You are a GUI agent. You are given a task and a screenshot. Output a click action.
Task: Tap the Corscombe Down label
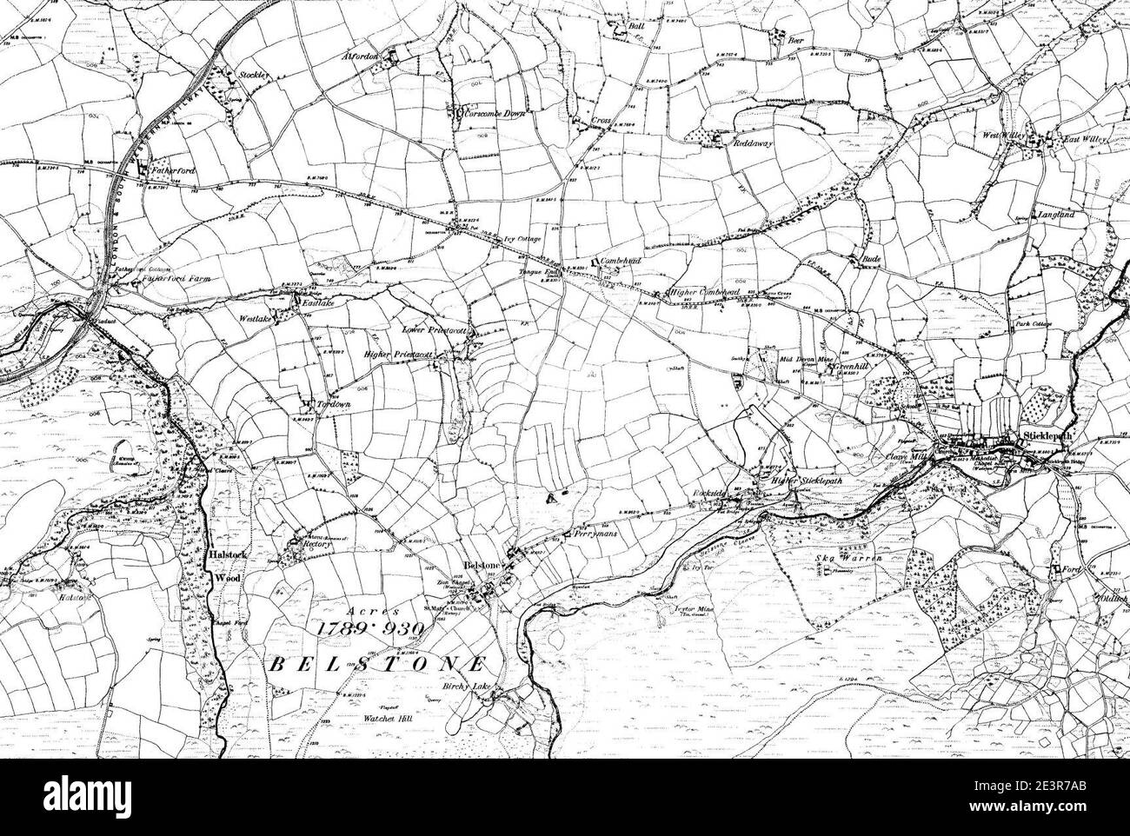pos(498,113)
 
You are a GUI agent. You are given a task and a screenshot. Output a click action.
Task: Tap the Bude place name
pos(871,259)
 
